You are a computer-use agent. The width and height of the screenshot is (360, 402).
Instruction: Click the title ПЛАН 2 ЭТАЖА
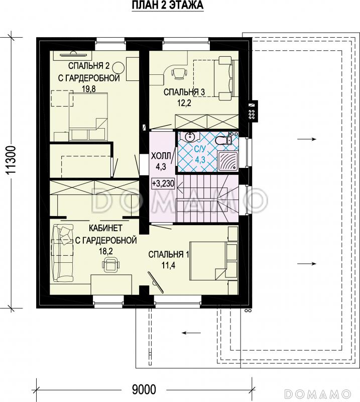pos(168,5)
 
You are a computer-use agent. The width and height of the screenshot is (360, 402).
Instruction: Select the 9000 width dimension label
pos(144,390)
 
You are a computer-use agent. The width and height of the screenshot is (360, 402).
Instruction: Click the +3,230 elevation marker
pos(163,184)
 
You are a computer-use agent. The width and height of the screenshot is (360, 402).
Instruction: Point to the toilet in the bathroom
pos(224,140)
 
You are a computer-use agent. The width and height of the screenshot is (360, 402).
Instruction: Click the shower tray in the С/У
pos(228,161)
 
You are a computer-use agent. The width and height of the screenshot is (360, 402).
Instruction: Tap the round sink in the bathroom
pos(190,137)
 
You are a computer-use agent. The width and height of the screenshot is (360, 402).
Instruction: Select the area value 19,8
pos(89,89)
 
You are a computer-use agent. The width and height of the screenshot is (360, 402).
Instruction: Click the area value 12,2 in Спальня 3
pos(184,103)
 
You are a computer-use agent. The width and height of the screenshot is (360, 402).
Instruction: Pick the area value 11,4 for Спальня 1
pos(168,265)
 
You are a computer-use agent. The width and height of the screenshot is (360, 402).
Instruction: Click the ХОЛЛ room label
pos(161,156)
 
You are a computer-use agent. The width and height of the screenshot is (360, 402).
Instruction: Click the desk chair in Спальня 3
pos(178,72)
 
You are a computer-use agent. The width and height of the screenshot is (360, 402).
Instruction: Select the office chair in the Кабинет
pos(110,264)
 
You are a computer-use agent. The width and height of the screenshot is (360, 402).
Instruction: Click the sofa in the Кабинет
pos(63,253)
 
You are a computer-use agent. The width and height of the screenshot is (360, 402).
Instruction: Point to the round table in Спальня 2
pos(118,68)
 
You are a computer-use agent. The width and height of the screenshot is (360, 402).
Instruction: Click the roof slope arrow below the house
pos(191,333)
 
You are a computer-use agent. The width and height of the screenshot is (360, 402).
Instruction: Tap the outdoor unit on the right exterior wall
pos(253,111)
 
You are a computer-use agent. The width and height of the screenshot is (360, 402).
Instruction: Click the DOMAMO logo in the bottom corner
pos(318,394)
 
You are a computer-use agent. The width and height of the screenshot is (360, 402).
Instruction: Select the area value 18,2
pos(106,251)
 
